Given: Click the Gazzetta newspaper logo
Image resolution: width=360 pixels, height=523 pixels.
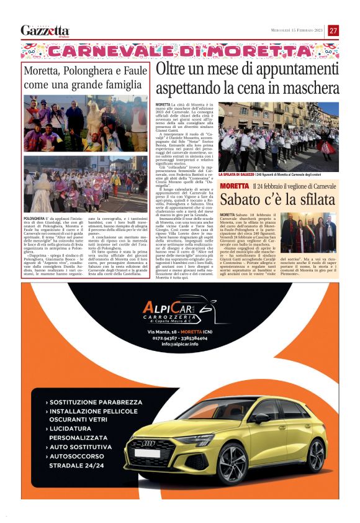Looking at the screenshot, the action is coord(45,30).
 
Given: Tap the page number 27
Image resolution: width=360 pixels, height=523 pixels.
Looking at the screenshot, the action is coord(333,30).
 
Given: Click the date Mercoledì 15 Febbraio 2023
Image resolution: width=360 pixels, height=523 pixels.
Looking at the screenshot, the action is coord(297,30).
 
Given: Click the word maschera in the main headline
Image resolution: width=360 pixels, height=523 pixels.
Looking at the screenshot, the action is coord(309,88).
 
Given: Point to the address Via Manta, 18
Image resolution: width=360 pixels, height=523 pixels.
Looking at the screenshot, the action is coord(165,332).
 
